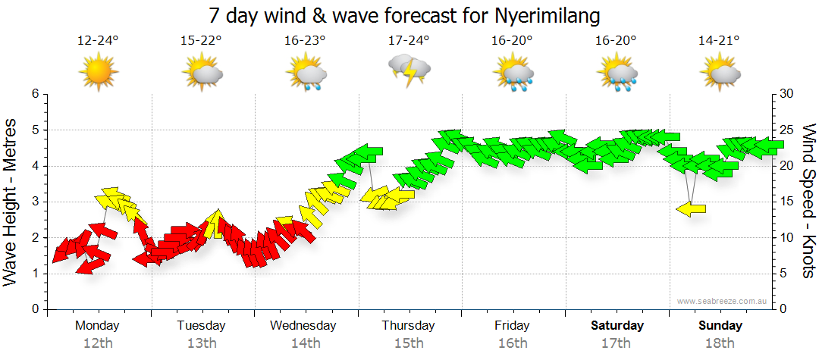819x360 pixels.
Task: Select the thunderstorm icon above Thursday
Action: [x=409, y=71]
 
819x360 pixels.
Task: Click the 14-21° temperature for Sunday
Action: [x=719, y=41]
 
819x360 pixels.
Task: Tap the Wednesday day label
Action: [x=303, y=325]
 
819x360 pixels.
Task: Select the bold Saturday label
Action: [x=617, y=325]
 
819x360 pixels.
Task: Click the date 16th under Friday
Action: [x=513, y=343]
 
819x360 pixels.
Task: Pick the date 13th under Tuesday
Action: [x=201, y=343]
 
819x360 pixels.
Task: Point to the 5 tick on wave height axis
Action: [x=34, y=130]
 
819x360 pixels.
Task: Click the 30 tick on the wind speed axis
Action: [x=786, y=94]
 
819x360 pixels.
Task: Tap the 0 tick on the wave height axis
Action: [x=34, y=310]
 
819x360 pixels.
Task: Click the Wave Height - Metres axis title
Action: [x=11, y=202]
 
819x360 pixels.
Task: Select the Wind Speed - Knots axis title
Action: [x=808, y=202]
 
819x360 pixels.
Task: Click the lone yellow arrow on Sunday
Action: [x=691, y=209]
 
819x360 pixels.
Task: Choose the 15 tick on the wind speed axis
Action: [x=786, y=202]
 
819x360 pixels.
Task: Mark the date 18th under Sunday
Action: [x=720, y=343]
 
